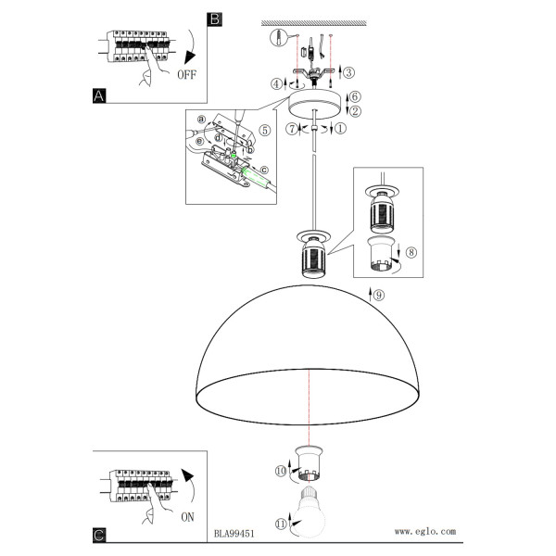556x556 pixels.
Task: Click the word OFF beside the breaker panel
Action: point(186,75)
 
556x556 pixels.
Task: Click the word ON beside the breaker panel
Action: point(187,517)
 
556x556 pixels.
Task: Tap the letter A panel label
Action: point(99,96)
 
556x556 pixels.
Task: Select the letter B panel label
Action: point(215,19)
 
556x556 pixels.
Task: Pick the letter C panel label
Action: point(99,535)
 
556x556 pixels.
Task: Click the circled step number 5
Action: point(265,130)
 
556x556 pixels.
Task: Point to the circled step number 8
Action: point(411,252)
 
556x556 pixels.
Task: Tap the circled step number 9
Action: point(379,295)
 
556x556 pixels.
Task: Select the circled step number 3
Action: point(349,72)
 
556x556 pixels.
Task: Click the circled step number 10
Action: point(281,471)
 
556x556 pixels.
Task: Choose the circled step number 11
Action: point(281,524)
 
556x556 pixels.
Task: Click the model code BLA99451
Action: point(234,534)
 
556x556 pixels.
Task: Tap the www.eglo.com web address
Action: point(425,531)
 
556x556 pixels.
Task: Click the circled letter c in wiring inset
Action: point(264,171)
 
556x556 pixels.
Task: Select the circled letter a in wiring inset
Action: point(202,119)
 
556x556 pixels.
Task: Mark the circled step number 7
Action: point(292,129)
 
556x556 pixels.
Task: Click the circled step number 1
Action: point(340,128)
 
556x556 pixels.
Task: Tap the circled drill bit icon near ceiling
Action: point(278,38)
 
